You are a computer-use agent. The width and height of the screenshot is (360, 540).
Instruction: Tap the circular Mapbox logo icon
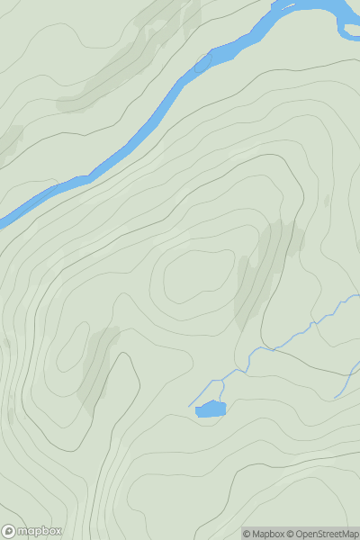[x=10, y=531]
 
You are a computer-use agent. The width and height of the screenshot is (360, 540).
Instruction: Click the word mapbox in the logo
[x=40, y=531]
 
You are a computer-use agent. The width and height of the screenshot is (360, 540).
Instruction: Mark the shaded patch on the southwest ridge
[x=97, y=364]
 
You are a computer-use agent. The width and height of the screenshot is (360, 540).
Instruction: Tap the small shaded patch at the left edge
[x=9, y=141]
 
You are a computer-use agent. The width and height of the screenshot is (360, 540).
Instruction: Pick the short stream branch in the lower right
[x=345, y=382]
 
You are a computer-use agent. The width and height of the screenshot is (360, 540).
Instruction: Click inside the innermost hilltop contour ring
[x=193, y=274]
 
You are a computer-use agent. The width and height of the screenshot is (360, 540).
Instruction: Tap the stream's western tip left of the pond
[x=190, y=406]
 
